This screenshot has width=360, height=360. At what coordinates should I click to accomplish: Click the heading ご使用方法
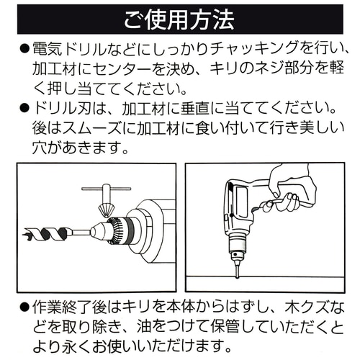179,16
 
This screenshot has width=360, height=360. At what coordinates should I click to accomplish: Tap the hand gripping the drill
292,194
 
